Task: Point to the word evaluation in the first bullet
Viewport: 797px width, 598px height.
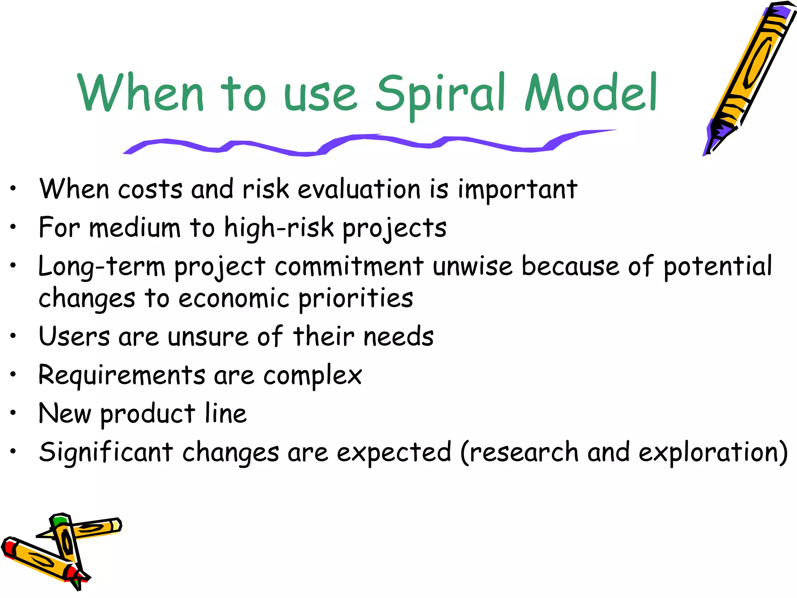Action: [x=359, y=190]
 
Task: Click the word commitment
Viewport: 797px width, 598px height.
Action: [x=349, y=267]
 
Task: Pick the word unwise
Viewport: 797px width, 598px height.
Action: [x=472, y=267]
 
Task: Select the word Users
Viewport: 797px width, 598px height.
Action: [x=74, y=336]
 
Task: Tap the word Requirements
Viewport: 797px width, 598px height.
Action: [x=121, y=376]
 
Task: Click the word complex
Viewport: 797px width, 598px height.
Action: [x=312, y=376]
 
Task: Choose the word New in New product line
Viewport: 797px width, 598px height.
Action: [x=65, y=413]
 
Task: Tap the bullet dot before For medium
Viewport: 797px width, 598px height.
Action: [x=13, y=227]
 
